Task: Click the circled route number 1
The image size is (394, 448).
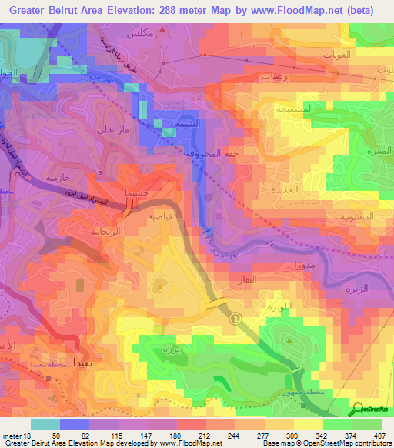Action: tap(235, 319)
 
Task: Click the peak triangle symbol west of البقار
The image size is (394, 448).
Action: tap(159, 288)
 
